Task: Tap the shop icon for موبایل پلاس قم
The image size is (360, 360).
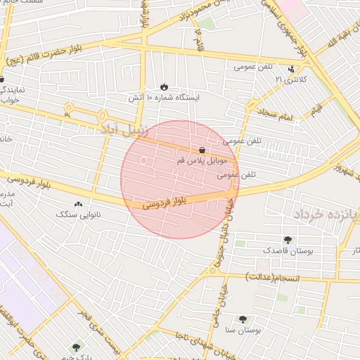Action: pos(202,150)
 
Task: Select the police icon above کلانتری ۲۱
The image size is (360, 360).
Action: pos(292,69)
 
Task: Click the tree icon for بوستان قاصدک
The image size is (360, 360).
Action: pos(287,240)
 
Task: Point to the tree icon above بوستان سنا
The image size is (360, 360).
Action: pos(243,319)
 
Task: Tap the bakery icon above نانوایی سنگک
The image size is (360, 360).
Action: pos(78,204)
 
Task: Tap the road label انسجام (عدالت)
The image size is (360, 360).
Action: pos(272,278)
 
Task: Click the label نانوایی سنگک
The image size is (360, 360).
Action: pos(78,214)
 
